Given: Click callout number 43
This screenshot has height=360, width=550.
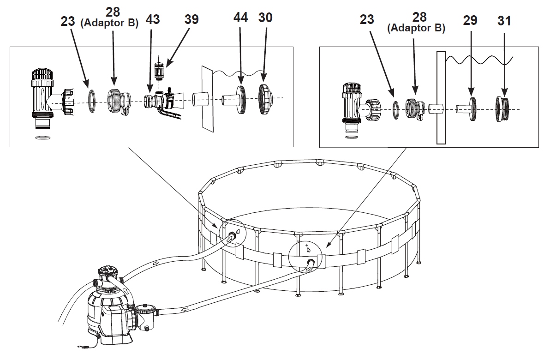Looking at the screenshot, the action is [x=153, y=19].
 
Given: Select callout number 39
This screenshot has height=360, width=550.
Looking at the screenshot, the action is [x=191, y=19].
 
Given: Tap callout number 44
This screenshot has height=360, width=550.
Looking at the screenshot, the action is [x=241, y=17].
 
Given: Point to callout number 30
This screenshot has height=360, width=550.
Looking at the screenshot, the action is [x=265, y=18].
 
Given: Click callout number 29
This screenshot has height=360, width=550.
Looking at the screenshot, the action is [x=470, y=20].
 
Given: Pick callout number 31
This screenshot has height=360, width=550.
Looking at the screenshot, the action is [x=504, y=21].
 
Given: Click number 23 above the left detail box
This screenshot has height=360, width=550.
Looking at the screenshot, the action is [x=68, y=21].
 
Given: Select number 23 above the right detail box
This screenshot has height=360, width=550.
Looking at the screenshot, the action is [x=367, y=19].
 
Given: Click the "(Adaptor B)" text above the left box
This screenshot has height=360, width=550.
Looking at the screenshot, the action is [x=109, y=23].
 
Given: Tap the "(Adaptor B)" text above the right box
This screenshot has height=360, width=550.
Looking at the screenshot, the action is [x=416, y=28].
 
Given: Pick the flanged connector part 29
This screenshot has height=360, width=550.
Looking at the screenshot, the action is [x=466, y=109].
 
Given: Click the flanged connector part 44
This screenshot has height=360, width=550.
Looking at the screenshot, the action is [x=233, y=100].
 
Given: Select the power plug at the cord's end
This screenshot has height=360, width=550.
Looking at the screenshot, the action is [x=83, y=347].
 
